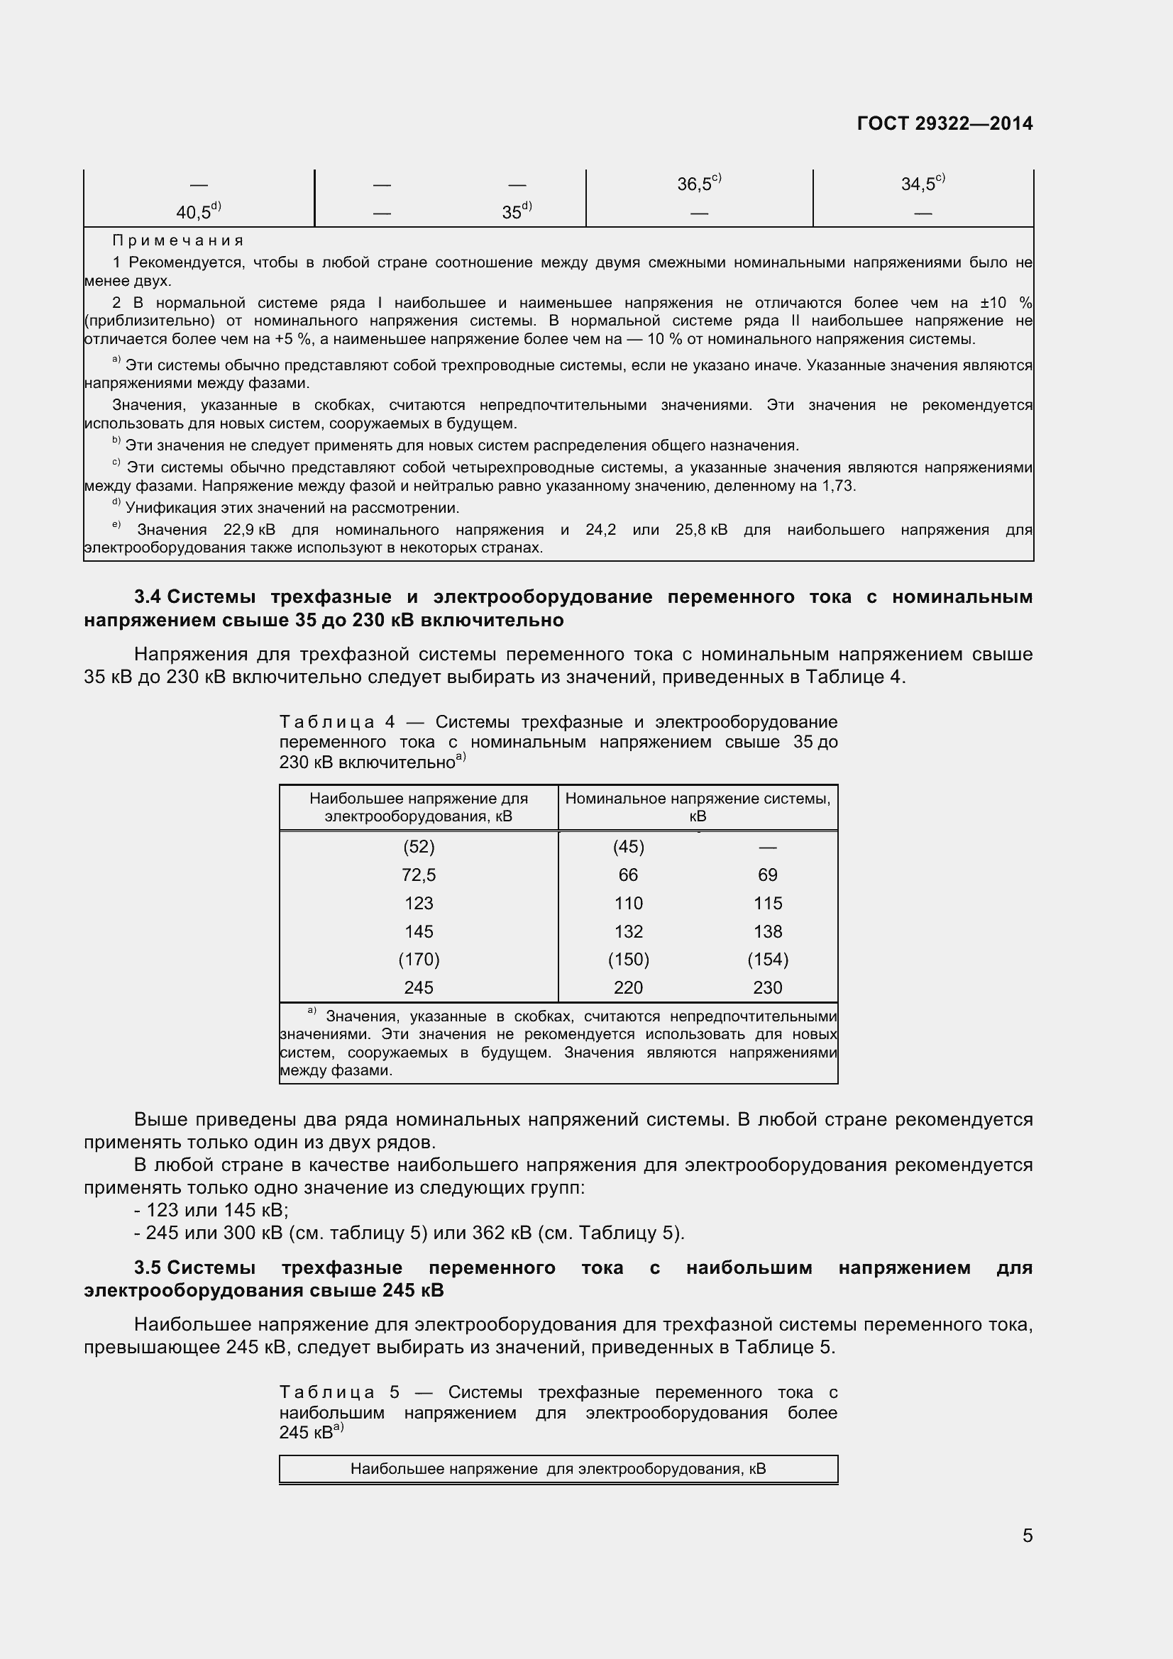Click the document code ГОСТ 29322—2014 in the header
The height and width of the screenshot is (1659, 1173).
[945, 123]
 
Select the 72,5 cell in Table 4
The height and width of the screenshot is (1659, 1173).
[419, 875]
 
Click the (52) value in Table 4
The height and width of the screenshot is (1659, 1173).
[419, 847]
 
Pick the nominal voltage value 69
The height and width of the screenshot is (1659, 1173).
[768, 875]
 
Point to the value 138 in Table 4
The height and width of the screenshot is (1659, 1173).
[768, 931]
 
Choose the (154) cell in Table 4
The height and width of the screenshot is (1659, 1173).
[768, 960]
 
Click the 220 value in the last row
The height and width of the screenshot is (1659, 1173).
[628, 988]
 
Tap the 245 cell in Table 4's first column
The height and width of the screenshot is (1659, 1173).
[419, 988]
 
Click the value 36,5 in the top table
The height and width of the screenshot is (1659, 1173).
[695, 184]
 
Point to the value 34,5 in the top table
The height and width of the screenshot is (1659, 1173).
[920, 184]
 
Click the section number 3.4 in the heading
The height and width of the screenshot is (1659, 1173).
[148, 597]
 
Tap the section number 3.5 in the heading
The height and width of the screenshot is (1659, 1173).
[148, 1267]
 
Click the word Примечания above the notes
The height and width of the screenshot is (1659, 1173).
[178, 240]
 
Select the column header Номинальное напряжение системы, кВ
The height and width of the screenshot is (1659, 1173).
[698, 807]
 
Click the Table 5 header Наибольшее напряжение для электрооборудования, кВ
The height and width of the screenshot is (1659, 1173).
[558, 1469]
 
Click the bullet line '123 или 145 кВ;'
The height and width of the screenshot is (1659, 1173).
[211, 1209]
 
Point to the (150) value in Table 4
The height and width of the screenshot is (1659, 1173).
[628, 960]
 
